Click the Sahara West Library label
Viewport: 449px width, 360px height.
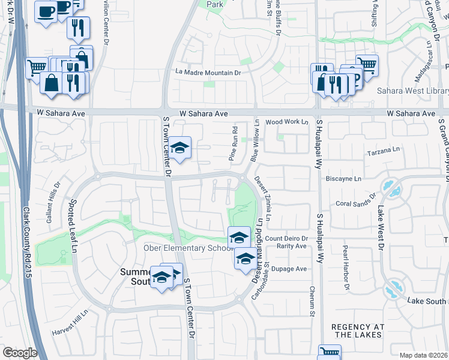tap(412, 91)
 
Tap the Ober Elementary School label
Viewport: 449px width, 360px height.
tap(187, 248)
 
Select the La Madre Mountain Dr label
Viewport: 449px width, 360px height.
tap(208, 73)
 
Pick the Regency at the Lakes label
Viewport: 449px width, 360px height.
tap(357, 331)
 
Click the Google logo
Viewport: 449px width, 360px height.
tap(19, 352)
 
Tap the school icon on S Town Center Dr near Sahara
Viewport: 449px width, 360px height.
tap(179, 148)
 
